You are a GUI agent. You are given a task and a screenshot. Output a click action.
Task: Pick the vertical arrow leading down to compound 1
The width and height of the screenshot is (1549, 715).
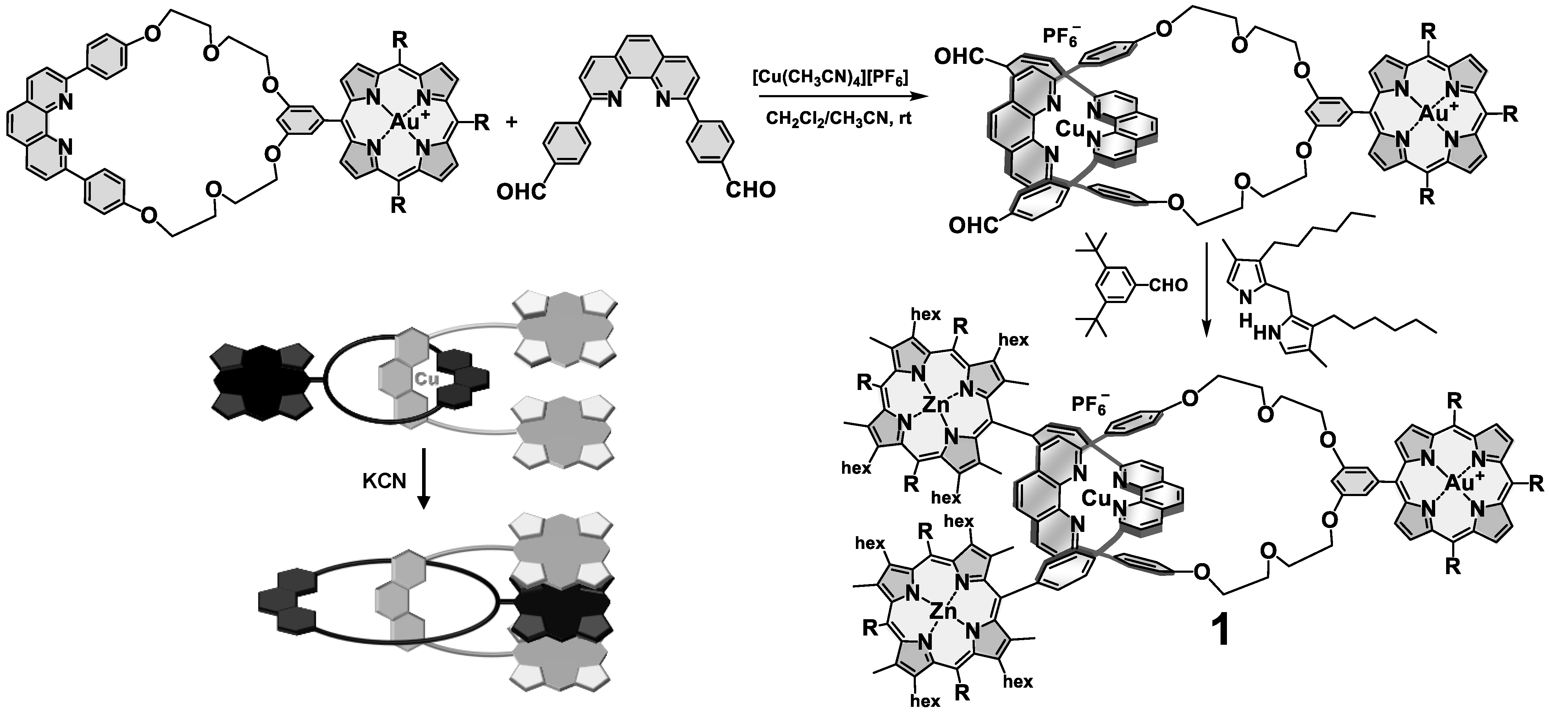(1206, 288)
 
